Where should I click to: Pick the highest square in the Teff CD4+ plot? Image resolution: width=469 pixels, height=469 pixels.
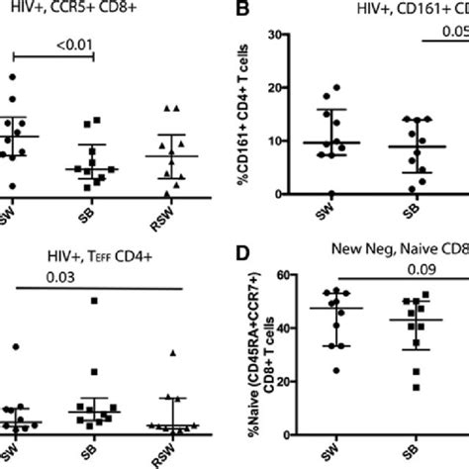pos(95,301)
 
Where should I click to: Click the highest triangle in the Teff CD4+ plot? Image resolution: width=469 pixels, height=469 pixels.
pos(172,352)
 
